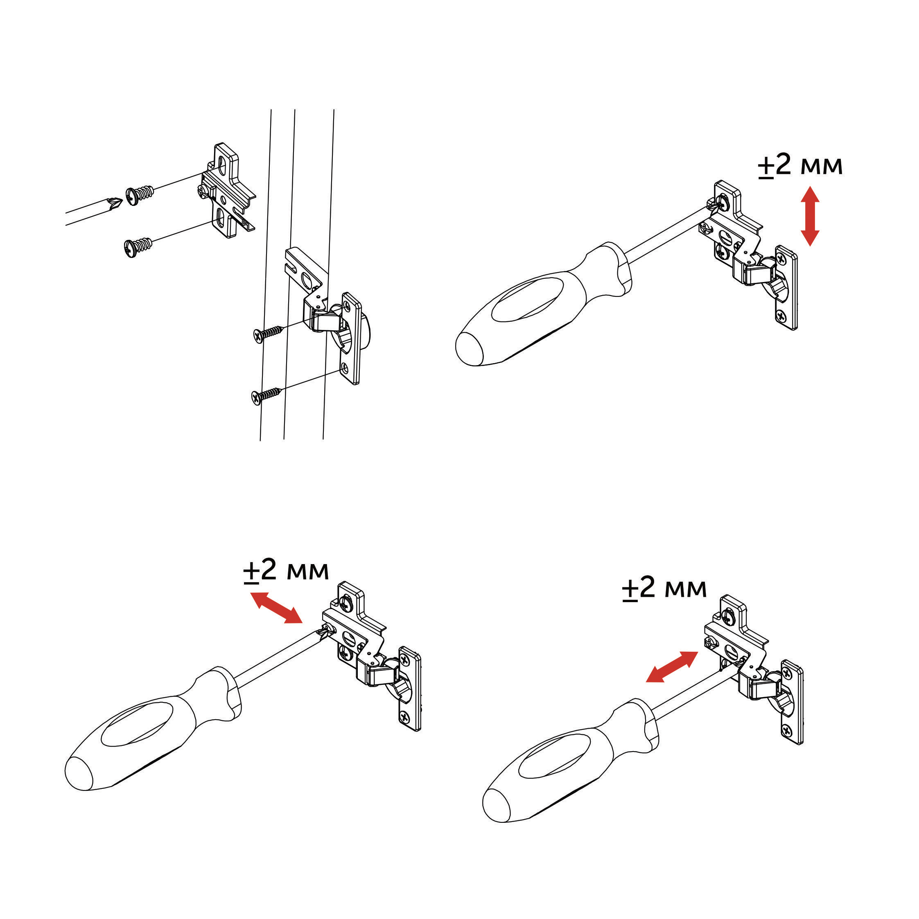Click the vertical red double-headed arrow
810,216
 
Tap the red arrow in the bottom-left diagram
276,607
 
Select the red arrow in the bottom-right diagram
672,667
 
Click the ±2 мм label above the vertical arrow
800,165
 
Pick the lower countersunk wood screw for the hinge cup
266,395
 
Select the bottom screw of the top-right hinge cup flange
781,314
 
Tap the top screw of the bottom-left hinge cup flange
404,659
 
